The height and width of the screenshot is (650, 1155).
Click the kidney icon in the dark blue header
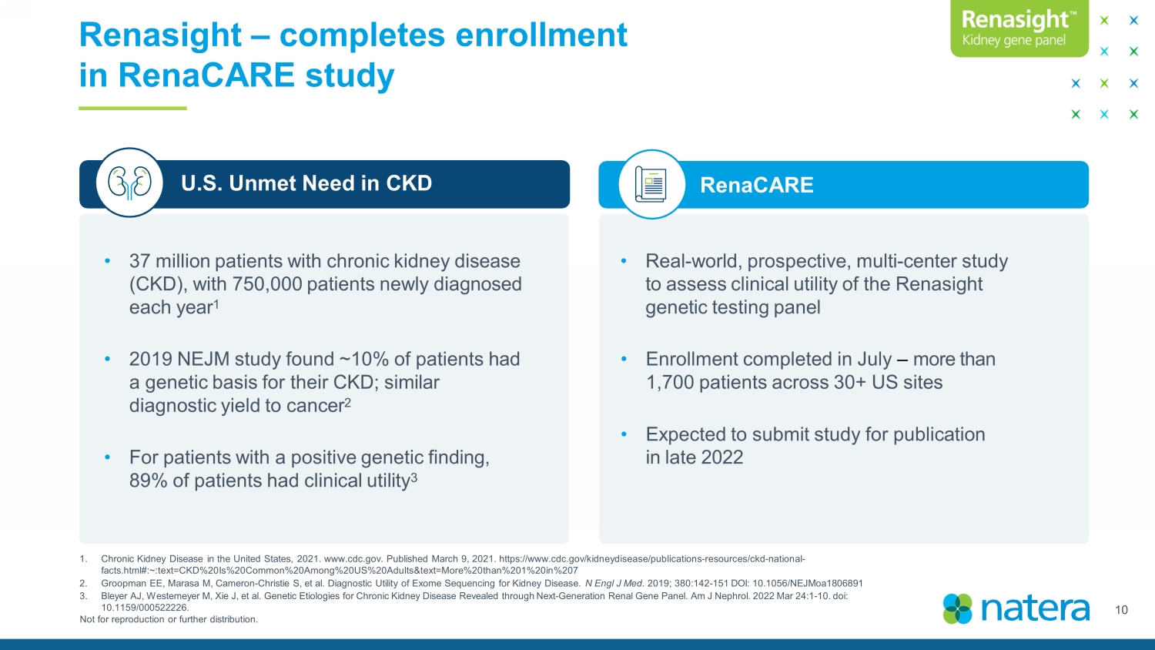(x=129, y=183)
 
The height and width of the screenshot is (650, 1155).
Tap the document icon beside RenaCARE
(x=651, y=184)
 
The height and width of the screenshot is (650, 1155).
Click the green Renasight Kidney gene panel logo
(x=1019, y=28)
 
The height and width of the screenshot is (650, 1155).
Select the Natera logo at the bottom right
(x=1016, y=608)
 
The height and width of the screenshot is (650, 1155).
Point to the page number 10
(x=1121, y=610)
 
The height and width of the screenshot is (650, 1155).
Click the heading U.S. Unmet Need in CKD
(x=306, y=183)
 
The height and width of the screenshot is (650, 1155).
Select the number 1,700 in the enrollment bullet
(x=670, y=382)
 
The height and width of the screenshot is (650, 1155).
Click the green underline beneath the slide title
(x=132, y=109)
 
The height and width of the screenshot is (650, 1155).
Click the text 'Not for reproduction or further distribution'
(x=169, y=619)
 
